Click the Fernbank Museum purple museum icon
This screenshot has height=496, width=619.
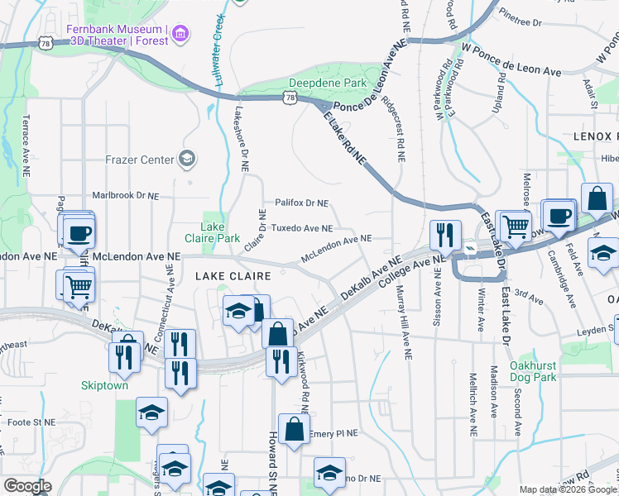[180, 35]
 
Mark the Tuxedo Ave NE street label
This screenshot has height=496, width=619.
[302, 228]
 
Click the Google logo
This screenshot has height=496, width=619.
[27, 485]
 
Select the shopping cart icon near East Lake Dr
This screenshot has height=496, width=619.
[516, 223]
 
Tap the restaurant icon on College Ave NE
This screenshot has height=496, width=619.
[445, 236]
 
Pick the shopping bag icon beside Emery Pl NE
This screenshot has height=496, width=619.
[294, 428]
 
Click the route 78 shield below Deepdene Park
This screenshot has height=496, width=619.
[289, 98]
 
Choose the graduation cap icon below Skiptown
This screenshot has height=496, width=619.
[151, 416]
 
